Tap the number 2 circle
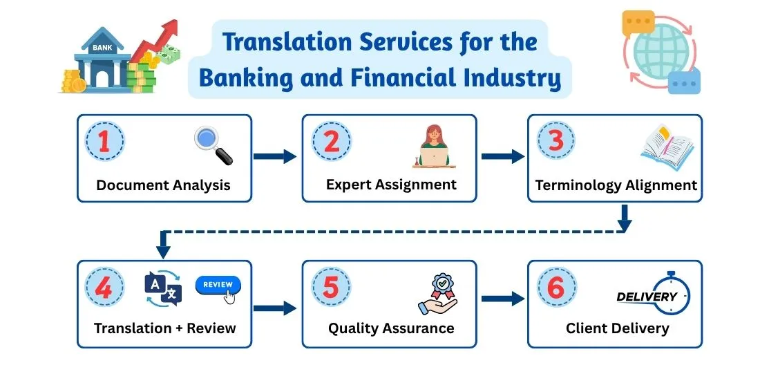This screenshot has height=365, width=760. point(331,142)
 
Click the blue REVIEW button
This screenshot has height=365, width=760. point(218,285)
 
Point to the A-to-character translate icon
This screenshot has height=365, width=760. point(163,288)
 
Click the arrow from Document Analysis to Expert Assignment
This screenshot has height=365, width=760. point(275,157)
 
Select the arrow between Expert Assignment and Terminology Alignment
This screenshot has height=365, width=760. point(502,157)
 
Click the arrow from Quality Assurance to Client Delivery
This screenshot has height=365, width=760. point(502,299)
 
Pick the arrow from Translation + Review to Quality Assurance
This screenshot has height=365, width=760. point(275,308)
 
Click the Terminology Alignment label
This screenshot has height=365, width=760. point(616,185)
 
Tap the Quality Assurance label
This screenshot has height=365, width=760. point(391,328)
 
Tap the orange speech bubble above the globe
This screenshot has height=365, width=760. point(637,24)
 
